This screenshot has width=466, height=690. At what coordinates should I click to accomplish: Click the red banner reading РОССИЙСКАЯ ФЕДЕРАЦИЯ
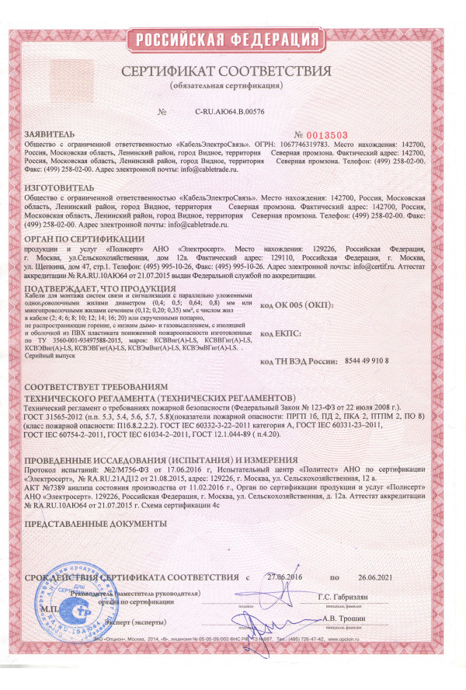(233, 40)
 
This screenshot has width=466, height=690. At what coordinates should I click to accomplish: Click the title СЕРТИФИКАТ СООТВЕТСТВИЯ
(232, 71)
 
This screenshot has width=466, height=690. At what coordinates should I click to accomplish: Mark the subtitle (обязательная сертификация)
(232, 84)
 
